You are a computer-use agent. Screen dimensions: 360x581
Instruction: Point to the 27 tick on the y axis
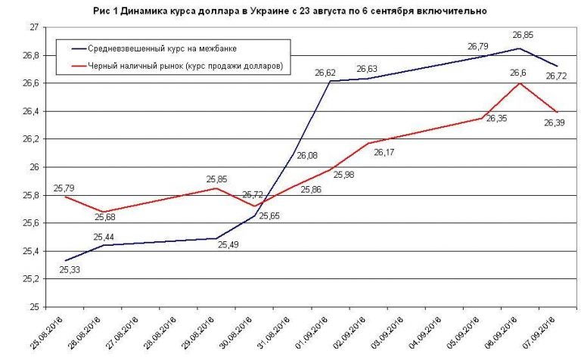point(34,27)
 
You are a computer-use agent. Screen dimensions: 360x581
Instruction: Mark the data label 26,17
point(384,152)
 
